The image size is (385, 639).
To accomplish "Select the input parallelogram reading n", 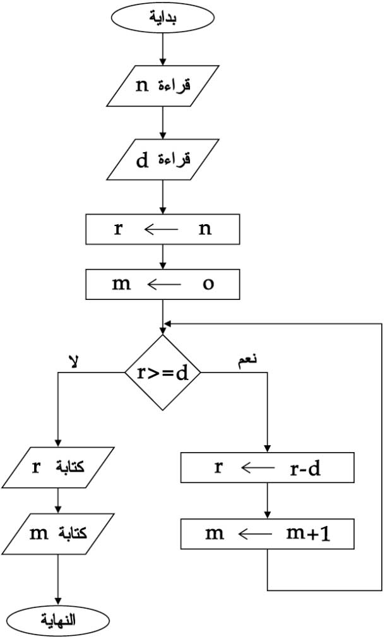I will tap(163, 86).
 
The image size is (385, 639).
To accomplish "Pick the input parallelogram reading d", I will tap(163, 159).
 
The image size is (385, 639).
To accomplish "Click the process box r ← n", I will tap(163, 229).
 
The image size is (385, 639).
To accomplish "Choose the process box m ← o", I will tap(163, 284).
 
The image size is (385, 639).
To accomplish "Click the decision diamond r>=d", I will tap(163, 373).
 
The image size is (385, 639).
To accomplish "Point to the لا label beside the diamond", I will tap(73, 361).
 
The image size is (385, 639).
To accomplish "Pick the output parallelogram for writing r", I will tap(58, 467).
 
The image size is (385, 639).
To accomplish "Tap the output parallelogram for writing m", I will tap(58, 534).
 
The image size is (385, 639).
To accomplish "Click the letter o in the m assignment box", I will tap(208, 284).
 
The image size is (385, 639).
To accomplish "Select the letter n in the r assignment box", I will tap(204, 229).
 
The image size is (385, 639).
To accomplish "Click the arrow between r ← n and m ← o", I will tap(163, 256).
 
